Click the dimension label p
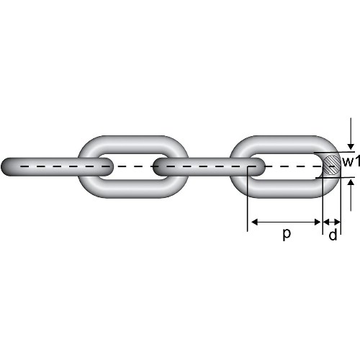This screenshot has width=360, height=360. (x=287, y=234)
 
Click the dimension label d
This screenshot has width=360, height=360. (x=333, y=235)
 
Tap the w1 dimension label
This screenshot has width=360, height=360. (x=351, y=161)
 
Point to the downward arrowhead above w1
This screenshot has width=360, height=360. (x=351, y=146)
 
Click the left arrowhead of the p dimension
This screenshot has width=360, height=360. (x=254, y=222)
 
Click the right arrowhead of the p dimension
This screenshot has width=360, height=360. (x=318, y=222)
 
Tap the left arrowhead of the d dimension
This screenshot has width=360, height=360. (x=326, y=222)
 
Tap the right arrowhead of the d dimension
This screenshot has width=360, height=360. (x=337, y=222)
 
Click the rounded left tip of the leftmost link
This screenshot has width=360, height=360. (x=5, y=166)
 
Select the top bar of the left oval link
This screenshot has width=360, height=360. (x=133, y=145)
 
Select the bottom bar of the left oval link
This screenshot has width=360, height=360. (x=133, y=189)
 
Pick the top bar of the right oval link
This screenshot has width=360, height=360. (x=284, y=145)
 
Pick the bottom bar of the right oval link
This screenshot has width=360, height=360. (x=284, y=189)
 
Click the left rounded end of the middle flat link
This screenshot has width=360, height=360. (x=158, y=166)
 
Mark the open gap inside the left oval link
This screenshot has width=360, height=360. (x=132, y=166)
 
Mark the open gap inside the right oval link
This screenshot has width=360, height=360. (x=294, y=166)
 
